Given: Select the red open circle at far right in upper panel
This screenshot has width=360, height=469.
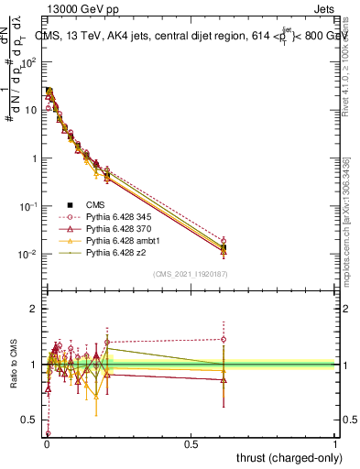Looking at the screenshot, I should coord(223,241).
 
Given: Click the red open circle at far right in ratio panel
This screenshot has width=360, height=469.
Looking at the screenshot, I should coord(223,339).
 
